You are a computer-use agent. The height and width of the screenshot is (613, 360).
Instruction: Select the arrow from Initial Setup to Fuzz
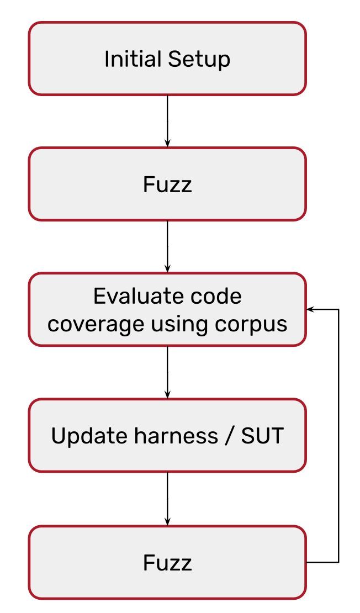[167, 121]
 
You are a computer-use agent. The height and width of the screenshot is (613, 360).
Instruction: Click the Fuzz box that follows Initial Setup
[167, 184]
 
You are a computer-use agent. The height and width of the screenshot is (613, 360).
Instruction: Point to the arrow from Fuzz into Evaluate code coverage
[167, 247]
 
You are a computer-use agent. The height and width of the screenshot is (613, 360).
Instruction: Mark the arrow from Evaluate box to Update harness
[167, 372]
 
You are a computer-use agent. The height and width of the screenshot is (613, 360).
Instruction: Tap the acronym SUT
[262, 436]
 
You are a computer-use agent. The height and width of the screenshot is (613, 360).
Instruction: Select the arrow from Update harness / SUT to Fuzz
[167, 499]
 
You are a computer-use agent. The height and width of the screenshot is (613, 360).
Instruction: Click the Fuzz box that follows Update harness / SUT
[167, 563]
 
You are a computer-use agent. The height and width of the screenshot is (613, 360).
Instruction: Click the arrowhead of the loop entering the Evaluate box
[310, 309]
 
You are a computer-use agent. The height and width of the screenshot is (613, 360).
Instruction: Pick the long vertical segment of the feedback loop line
[338, 436]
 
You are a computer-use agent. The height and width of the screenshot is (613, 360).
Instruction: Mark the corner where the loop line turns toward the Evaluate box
[338, 309]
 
